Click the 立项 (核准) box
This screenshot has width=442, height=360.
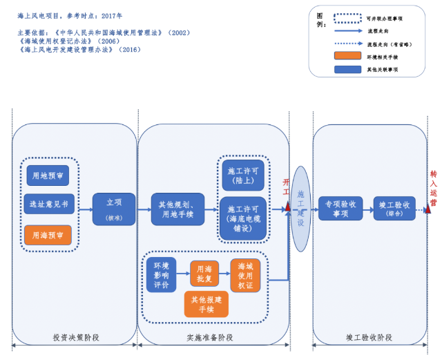tap(114, 209)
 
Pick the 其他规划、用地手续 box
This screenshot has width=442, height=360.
tap(177, 209)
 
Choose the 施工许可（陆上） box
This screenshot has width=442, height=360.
tap(244, 176)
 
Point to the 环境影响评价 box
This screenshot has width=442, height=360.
tap(161, 274)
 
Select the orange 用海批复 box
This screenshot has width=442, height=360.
tap(204, 274)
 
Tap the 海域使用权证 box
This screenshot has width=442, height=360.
tap(246, 275)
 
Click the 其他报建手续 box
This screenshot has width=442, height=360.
tap(206, 304)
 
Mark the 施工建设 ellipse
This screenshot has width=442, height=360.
tap(300, 209)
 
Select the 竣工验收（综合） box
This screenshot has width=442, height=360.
tap(394, 209)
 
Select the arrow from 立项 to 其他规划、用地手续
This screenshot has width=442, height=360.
tap(143, 209)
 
